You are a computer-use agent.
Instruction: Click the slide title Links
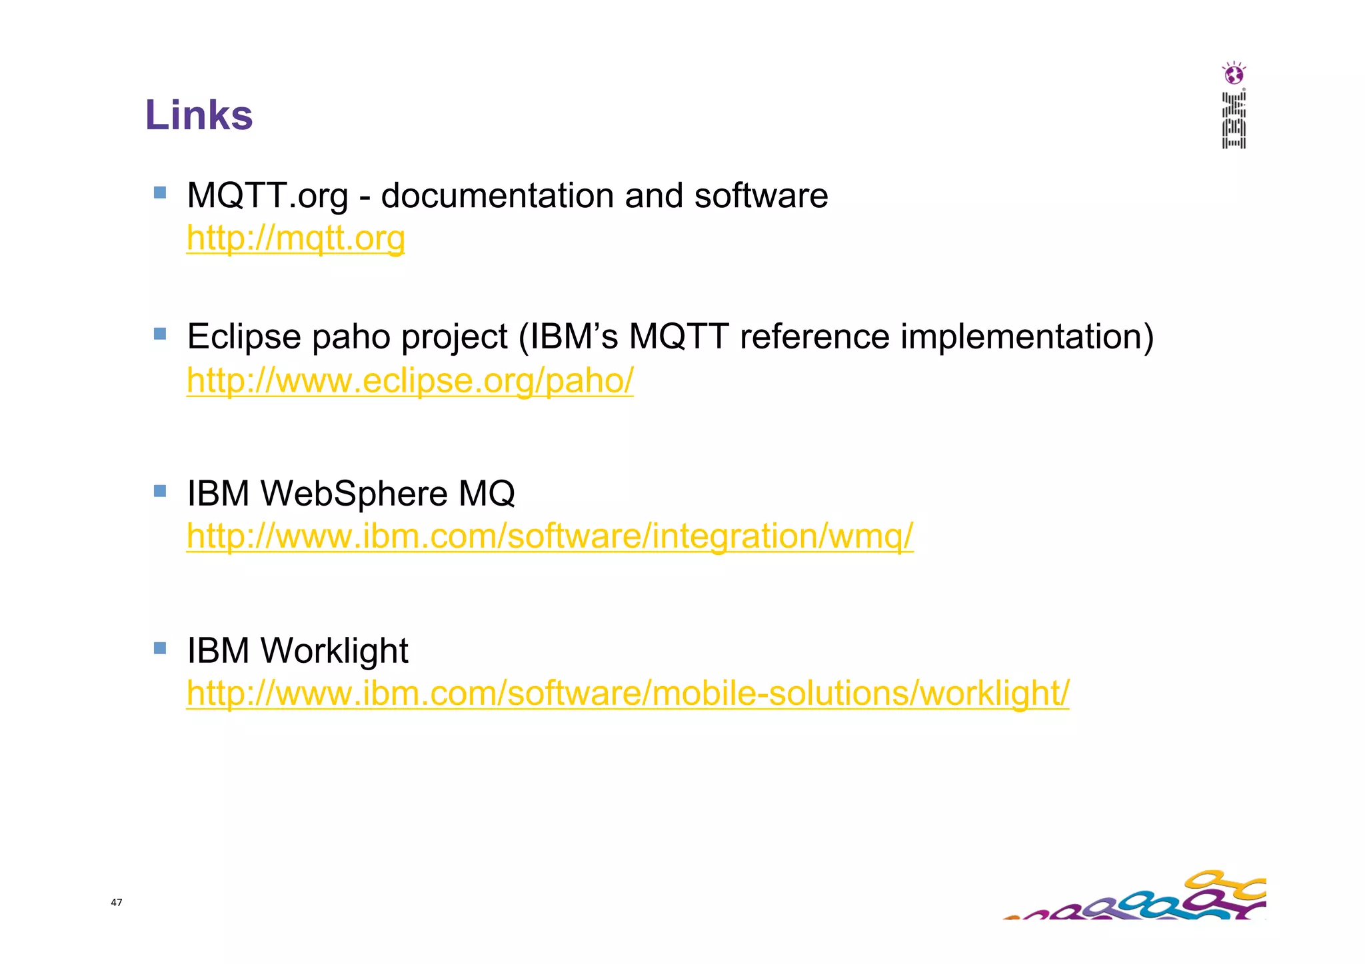pos(199,115)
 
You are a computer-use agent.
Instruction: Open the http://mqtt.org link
pos(295,238)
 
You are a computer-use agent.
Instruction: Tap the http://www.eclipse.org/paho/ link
pos(409,380)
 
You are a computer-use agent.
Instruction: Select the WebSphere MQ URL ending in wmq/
pos(549,536)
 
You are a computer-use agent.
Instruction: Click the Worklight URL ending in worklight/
pos(627,693)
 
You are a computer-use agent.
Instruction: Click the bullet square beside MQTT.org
pos(159,193)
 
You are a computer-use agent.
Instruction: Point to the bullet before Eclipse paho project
pos(159,333)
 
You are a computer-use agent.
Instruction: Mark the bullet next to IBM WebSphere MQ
pos(159,491)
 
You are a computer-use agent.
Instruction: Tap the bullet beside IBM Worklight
pos(159,648)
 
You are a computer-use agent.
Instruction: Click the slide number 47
pos(117,902)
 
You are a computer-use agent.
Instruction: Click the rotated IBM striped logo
pos(1234,121)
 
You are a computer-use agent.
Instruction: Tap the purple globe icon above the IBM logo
pos(1234,73)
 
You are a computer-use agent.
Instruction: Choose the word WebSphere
pos(353,494)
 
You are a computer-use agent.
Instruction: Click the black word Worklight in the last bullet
pos(334,650)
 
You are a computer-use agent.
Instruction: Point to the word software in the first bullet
pos(760,196)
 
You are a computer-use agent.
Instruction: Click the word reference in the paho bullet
pos(814,336)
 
